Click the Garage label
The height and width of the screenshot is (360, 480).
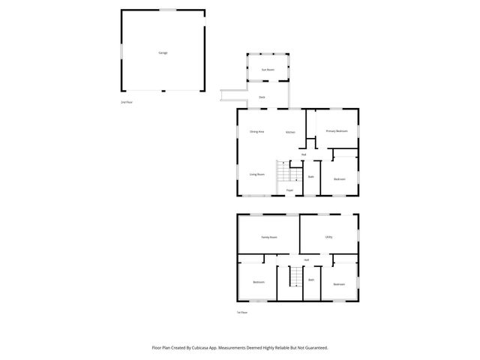[x=163, y=53]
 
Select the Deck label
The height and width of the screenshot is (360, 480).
[x=262, y=97]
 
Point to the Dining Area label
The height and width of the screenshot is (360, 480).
[x=256, y=132]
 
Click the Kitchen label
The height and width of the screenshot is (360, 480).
[x=289, y=133]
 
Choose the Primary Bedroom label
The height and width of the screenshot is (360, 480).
[x=337, y=131]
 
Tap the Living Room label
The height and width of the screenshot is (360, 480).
[x=256, y=174]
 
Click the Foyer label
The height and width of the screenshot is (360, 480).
[x=289, y=190]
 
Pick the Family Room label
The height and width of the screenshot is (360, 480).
[x=268, y=237]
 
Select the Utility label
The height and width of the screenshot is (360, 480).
[x=328, y=237]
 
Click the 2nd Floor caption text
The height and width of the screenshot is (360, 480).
[x=125, y=101]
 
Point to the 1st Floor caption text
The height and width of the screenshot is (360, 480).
[x=241, y=312]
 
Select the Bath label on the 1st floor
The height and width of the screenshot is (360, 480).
[x=311, y=280]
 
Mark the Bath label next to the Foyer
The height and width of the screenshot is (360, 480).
[x=310, y=177]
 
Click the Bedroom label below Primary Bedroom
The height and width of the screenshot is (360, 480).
[x=340, y=179]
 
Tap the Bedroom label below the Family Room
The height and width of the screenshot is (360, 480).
[x=258, y=282]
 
